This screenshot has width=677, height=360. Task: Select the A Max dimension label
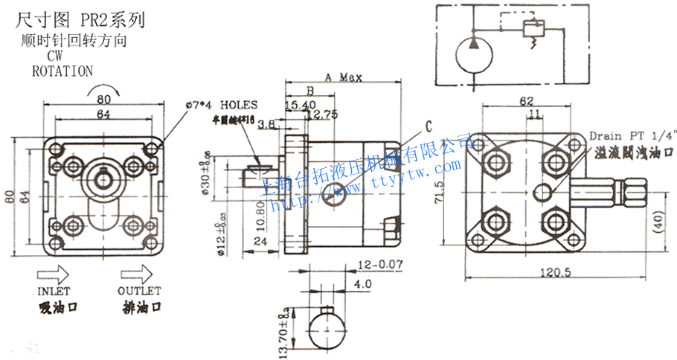tap(343, 77)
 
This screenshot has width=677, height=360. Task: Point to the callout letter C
tap(429, 126)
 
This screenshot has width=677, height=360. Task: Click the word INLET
tap(53, 291)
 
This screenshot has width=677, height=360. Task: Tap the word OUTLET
tap(138, 291)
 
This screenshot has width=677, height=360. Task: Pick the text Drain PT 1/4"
tap(635, 136)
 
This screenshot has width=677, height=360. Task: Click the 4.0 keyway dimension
tap(363, 284)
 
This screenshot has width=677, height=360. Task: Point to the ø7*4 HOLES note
tap(222, 105)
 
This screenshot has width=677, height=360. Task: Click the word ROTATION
tap(62, 71)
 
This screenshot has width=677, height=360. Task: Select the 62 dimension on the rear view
tap(527, 101)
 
